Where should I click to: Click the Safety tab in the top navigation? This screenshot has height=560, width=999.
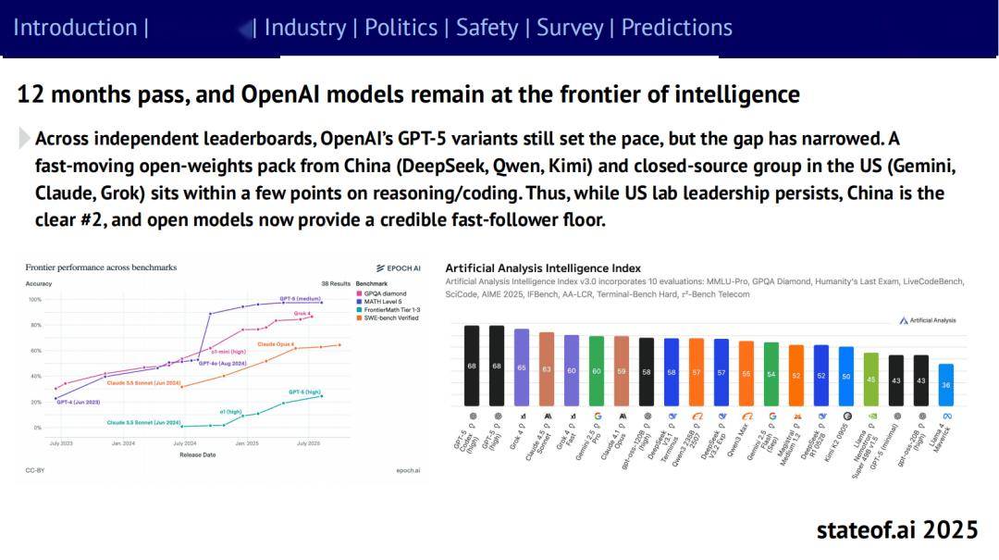click(x=487, y=28)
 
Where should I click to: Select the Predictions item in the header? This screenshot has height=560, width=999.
click(x=676, y=28)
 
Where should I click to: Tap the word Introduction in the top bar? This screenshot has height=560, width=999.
click(x=75, y=28)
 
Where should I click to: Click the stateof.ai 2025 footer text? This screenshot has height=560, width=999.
click(x=896, y=529)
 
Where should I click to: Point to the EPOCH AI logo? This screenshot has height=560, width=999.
click(x=399, y=268)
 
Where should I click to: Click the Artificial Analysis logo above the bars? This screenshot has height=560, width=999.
click(x=928, y=320)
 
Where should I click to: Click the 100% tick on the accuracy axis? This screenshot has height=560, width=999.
click(x=35, y=300)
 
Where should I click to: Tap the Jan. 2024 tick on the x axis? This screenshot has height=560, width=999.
click(x=123, y=443)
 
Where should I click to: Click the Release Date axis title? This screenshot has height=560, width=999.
click(x=197, y=454)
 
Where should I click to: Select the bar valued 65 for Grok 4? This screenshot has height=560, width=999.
click(x=522, y=367)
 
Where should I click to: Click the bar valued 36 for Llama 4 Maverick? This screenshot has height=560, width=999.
click(x=945, y=384)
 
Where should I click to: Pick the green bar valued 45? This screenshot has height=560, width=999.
click(x=870, y=380)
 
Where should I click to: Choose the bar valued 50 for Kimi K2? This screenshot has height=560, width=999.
click(x=845, y=376)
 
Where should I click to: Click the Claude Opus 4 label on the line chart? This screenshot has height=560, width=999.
click(x=276, y=343)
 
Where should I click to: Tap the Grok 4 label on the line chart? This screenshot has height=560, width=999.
click(x=302, y=314)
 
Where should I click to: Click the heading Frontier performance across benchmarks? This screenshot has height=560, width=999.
click(x=101, y=268)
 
